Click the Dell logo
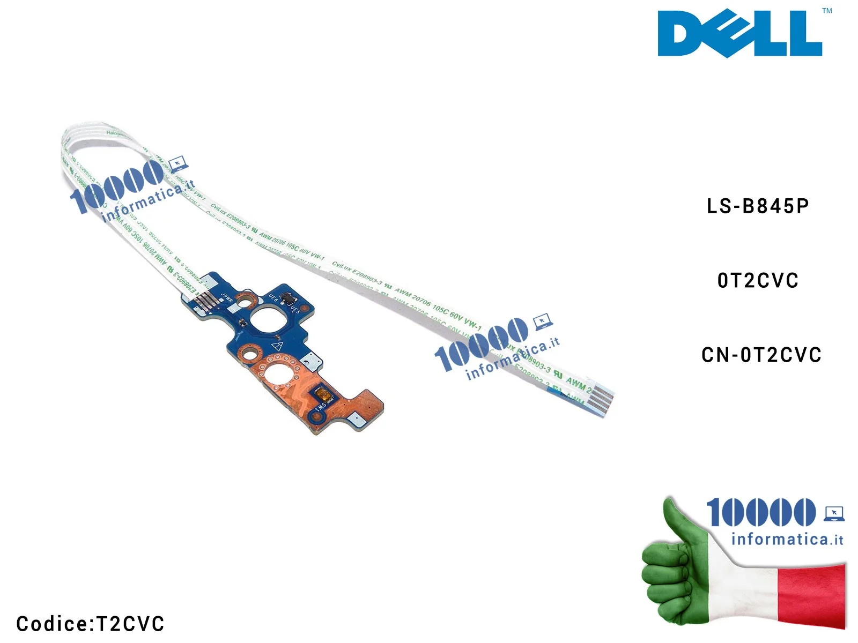(739, 33)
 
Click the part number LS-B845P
(757, 206)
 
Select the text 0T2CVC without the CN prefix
(758, 281)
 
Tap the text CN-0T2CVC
(761, 355)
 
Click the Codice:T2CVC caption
(90, 624)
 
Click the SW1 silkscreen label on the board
(320, 407)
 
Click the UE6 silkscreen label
(273, 297)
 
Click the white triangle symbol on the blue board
(278, 346)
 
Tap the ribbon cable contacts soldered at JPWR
(205, 302)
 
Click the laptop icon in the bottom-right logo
(834, 513)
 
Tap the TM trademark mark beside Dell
(827, 11)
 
